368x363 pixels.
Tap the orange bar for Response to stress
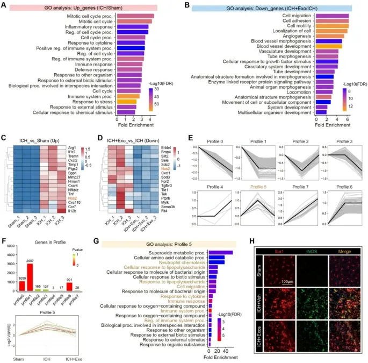[x=127, y=101]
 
